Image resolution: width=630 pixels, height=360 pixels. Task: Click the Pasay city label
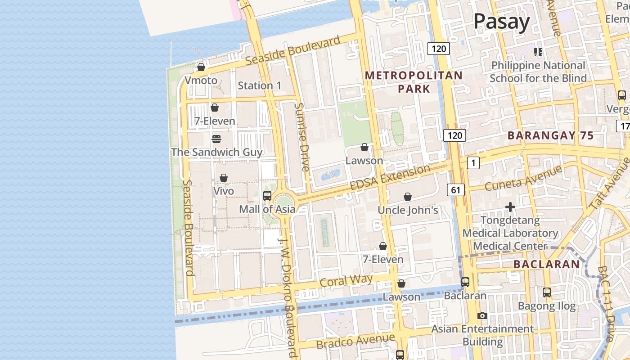pyautogui.click(x=501, y=22)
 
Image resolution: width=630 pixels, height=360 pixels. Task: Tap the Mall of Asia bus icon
pyautogui.click(x=267, y=196)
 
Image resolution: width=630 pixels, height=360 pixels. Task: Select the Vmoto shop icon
pyautogui.click(x=201, y=67)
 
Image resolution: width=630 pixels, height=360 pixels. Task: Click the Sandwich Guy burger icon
pyautogui.click(x=216, y=139)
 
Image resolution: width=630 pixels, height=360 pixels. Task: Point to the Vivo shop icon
pyautogui.click(x=224, y=178)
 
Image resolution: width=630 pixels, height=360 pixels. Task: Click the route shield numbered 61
pyautogui.click(x=455, y=190)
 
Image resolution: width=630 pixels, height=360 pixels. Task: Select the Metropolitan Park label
pyautogui.click(x=414, y=82)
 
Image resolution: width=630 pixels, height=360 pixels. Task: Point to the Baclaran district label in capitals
pyautogui.click(x=546, y=264)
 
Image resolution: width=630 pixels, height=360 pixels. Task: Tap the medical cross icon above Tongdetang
pyautogui.click(x=510, y=207)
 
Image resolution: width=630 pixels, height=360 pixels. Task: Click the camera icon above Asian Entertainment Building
pyautogui.click(x=482, y=315)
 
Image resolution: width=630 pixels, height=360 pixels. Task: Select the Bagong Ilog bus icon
pyautogui.click(x=546, y=292)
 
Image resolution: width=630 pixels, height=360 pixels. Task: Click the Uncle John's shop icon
pyautogui.click(x=408, y=197)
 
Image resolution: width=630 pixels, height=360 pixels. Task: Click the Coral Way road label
pyautogui.click(x=346, y=281)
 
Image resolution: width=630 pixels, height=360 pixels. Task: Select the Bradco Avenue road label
pyautogui.click(x=355, y=341)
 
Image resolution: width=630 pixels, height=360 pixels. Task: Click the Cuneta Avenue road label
pyautogui.click(x=523, y=178)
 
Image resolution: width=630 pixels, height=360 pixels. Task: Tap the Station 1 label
pyautogui.click(x=259, y=85)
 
